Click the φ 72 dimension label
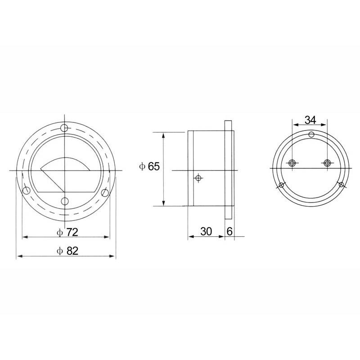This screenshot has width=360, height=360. pyautogui.click(x=67, y=232)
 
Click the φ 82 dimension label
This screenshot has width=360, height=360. pyautogui.click(x=67, y=251)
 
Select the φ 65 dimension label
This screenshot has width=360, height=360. pyautogui.click(x=149, y=166)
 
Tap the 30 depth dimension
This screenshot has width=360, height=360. pyautogui.click(x=206, y=231)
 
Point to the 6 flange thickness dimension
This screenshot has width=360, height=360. pyautogui.click(x=229, y=231)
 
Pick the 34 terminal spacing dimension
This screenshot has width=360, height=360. pyautogui.click(x=310, y=120)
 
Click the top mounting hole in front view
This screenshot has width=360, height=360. pyautogui.click(x=64, y=128)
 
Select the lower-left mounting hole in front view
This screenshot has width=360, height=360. pyautogui.click(x=27, y=190)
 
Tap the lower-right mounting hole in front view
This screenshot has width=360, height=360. pyautogui.click(x=105, y=193)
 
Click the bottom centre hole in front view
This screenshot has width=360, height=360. pyautogui.click(x=65, y=201)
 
